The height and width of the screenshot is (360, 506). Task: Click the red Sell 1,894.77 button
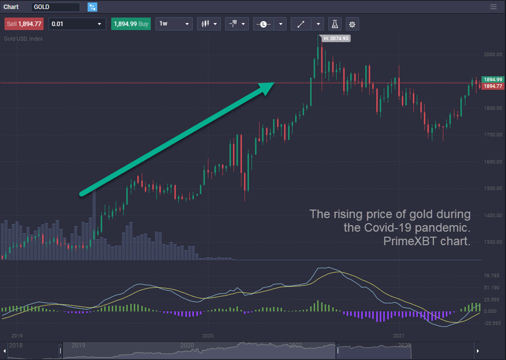[24, 24]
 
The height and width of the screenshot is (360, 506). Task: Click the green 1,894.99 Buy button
[131, 24]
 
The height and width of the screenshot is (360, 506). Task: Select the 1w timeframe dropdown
[174, 24]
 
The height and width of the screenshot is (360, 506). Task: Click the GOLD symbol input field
[55, 7]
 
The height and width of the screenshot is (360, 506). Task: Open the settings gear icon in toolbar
[352, 24]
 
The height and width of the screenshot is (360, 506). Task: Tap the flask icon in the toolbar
[334, 24]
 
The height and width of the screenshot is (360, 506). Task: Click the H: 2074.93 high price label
[336, 38]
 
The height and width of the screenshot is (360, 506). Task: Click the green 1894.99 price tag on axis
[492, 80]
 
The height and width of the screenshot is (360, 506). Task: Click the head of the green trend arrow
[268, 87]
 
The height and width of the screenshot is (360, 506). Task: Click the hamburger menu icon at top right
[493, 7]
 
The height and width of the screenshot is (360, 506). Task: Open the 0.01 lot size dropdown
[77, 24]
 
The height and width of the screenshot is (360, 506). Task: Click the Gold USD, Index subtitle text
[24, 39]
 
